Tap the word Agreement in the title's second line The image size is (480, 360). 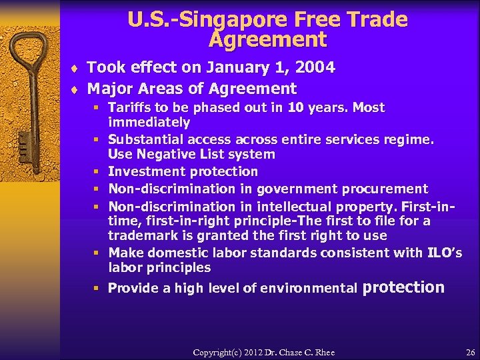coord(267,40)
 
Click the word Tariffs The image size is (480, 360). coord(131,108)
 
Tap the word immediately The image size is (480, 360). coord(149,123)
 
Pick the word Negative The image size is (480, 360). coord(161,154)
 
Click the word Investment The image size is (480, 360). coord(142,172)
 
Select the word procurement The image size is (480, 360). coord(388,189)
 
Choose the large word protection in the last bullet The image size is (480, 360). coord(403,287)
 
